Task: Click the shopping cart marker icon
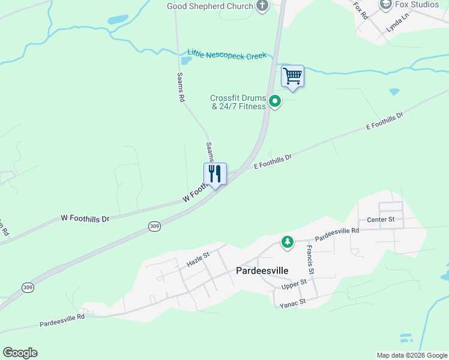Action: click(x=292, y=76)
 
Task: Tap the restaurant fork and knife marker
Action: click(x=215, y=174)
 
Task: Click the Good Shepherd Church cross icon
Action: click(x=262, y=6)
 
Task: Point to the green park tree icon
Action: click(x=288, y=242)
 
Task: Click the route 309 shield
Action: click(x=154, y=226)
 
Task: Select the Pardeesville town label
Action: click(x=262, y=271)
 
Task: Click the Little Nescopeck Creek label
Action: click(x=226, y=55)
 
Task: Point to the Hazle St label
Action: click(x=197, y=258)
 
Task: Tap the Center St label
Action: click(x=381, y=220)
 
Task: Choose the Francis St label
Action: click(x=310, y=256)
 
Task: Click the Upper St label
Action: click(x=294, y=285)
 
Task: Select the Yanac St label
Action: click(x=293, y=304)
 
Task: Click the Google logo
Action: click(x=20, y=353)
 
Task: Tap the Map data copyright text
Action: click(x=412, y=355)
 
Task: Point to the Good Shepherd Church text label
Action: click(x=209, y=6)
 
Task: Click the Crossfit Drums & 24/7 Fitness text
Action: click(x=238, y=103)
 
